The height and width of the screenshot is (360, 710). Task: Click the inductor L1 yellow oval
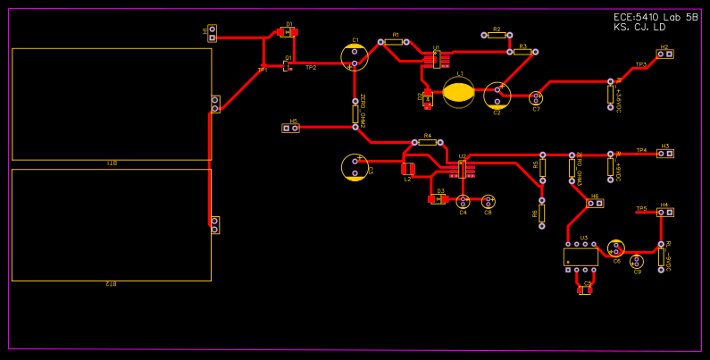459,92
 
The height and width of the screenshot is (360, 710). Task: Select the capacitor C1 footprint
355,57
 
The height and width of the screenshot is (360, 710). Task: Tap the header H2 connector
664,54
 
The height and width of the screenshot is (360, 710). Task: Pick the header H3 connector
664,154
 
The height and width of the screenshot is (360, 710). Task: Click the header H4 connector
664,213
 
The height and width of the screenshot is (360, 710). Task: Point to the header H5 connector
291,128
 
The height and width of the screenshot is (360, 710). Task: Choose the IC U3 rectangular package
581,256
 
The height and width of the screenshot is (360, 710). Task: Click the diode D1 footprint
288,32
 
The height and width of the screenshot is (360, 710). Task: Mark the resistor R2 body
497,35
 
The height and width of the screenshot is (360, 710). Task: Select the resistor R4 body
427,142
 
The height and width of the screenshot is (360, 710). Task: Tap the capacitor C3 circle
355,167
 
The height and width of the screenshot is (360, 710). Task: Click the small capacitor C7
536,98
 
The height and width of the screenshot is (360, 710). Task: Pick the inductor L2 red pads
408,169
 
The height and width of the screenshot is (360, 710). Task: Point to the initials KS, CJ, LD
639,28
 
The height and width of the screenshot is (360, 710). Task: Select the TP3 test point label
640,64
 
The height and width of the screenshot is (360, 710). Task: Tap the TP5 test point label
641,209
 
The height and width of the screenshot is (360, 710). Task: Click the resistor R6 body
542,213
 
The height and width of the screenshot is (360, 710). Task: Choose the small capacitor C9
637,262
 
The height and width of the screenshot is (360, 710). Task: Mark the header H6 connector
595,204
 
